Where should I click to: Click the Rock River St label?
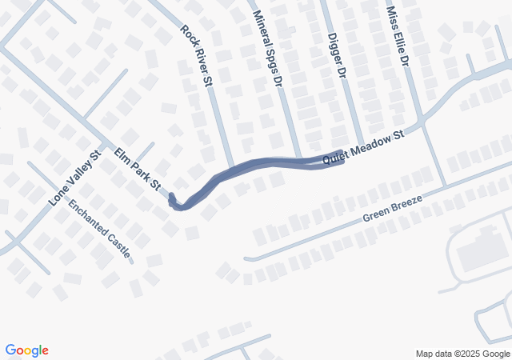[195, 56]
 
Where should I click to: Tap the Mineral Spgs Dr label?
[268, 48]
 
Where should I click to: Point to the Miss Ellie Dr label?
[397, 37]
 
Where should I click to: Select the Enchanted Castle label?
[100, 228]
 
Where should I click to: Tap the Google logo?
[26, 350]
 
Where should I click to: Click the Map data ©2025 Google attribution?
[462, 354]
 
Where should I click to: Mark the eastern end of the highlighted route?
[342, 156]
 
